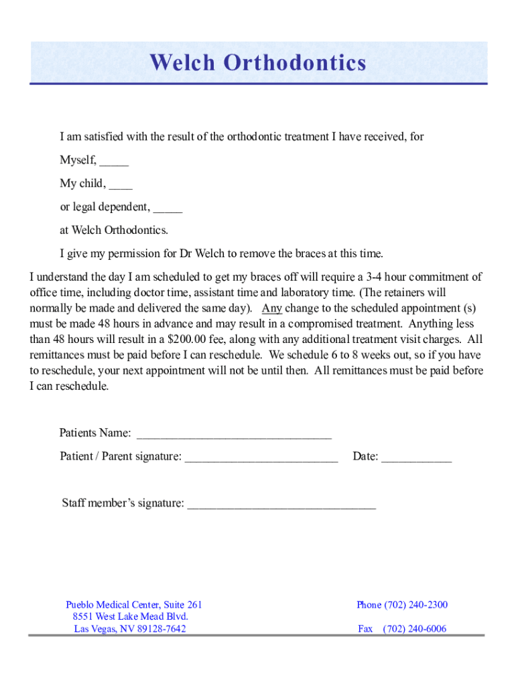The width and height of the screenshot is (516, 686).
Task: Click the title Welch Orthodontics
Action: point(258,63)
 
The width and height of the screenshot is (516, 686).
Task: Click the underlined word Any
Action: point(272,309)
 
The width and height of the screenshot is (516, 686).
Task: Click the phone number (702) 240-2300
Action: point(415,605)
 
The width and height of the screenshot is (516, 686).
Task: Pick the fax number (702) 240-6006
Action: point(414,629)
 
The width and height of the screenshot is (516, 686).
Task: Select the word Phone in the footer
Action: point(369,605)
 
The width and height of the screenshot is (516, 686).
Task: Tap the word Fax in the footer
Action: point(365,629)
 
